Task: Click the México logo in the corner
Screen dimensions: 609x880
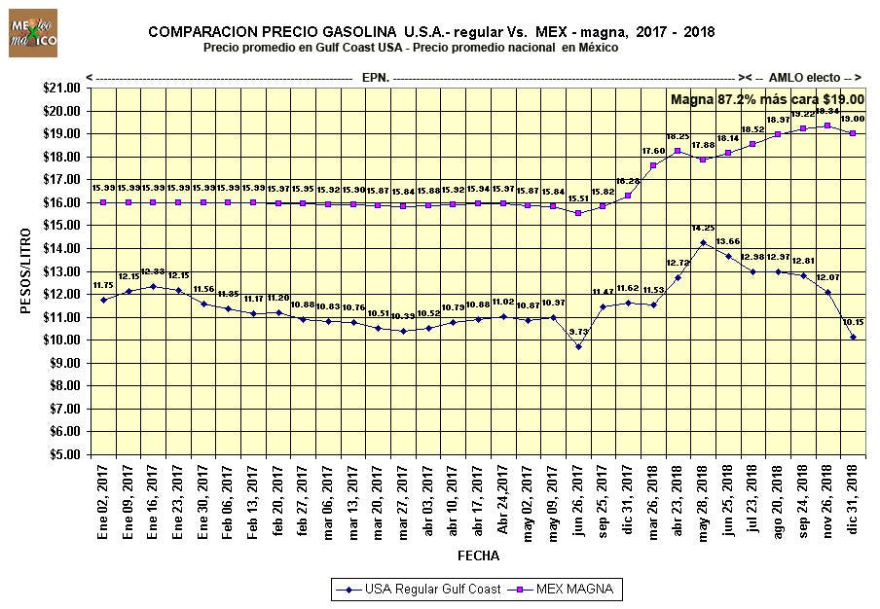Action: pyautogui.click(x=32, y=34)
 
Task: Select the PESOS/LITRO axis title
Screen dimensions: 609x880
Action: pyautogui.click(x=26, y=269)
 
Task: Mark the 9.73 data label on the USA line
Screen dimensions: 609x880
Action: pyautogui.click(x=578, y=332)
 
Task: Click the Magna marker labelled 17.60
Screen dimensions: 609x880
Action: pyautogui.click(x=653, y=165)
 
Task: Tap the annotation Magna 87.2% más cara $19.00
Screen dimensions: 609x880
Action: pyautogui.click(x=767, y=99)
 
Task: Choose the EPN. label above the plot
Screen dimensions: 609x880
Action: pyautogui.click(x=376, y=76)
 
